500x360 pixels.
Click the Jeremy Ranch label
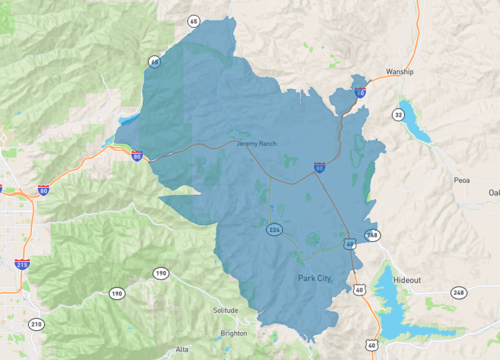point(254,144)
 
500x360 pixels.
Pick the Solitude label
point(227,310)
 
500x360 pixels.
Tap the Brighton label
point(233,333)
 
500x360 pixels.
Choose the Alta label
point(181,349)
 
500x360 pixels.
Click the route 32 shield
point(399,115)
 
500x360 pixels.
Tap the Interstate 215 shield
point(22,264)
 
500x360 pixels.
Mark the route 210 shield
point(36,323)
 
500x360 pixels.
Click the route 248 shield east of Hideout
point(459,292)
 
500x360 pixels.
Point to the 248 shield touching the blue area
point(372,235)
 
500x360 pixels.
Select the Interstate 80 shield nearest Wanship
point(360,92)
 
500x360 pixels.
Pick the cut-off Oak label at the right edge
point(493,192)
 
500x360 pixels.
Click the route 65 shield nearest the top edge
point(192,19)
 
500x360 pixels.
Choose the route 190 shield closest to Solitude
point(160,273)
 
